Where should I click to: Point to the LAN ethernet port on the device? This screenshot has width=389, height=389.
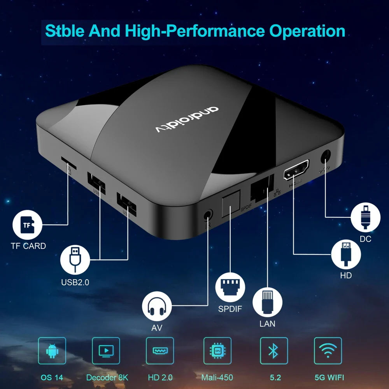click(262, 188)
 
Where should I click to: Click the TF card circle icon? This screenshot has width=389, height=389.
click(27, 225)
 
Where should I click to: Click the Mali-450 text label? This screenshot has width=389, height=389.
click(217, 377)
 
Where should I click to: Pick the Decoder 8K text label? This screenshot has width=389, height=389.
click(107, 377)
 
